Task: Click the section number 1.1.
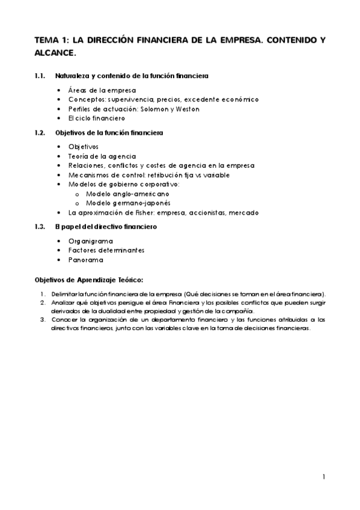[40, 76]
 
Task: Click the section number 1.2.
[40, 132]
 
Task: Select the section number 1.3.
[40, 227]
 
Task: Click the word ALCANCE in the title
[55, 54]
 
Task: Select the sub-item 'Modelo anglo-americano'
[127, 194]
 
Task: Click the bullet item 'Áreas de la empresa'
[102, 90]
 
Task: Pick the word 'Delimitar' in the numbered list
[63, 294]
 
